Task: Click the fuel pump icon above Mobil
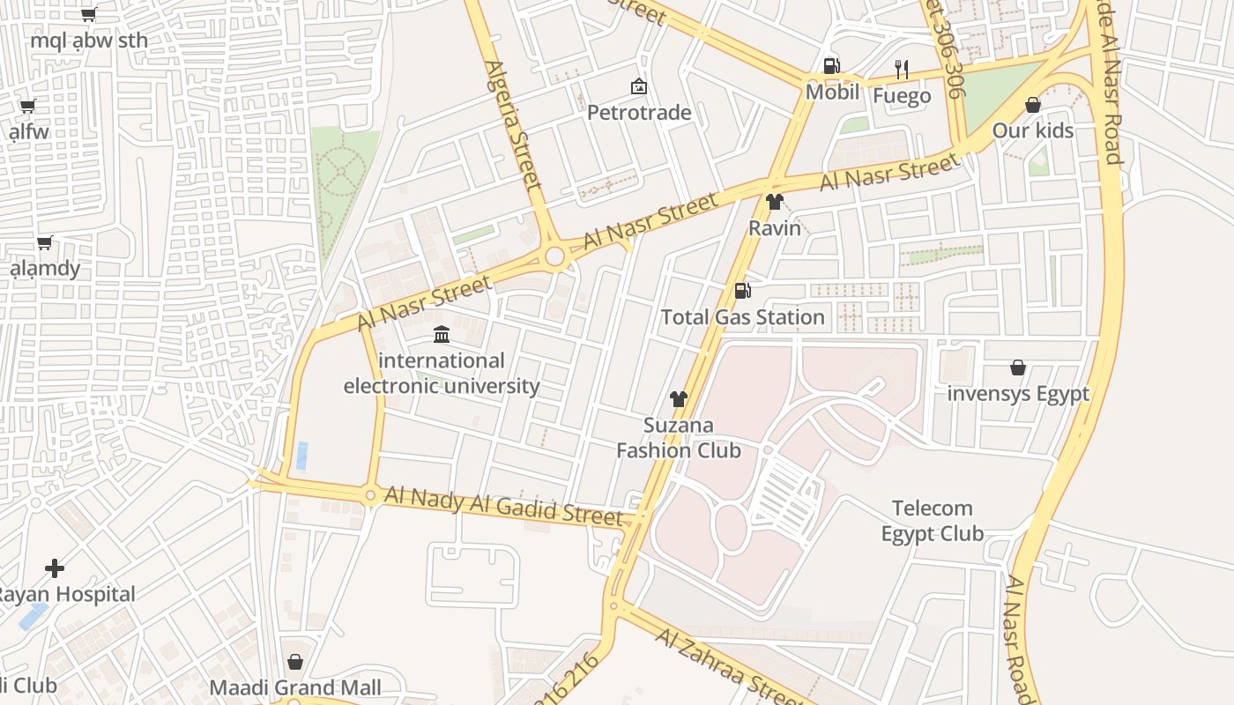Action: [x=831, y=66]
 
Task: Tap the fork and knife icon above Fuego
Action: [x=901, y=70]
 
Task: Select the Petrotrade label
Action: [x=639, y=113]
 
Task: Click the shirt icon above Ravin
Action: [x=775, y=202]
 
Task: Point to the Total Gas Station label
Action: [x=742, y=317]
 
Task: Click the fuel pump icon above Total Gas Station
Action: [x=743, y=291]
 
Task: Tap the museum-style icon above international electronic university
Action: [x=442, y=335]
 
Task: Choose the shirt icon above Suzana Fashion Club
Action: [x=678, y=399]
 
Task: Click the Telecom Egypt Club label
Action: [x=933, y=521]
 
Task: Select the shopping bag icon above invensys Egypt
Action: [x=1018, y=367]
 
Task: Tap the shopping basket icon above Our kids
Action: [x=1033, y=105]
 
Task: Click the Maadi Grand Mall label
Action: [x=295, y=687]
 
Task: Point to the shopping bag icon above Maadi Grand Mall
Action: [x=295, y=662]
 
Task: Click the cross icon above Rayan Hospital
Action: [x=55, y=568]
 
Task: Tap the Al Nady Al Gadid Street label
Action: [x=503, y=505]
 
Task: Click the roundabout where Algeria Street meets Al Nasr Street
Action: [x=554, y=256]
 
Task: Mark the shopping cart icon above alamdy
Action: [x=45, y=242]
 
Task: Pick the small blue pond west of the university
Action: [x=302, y=456]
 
